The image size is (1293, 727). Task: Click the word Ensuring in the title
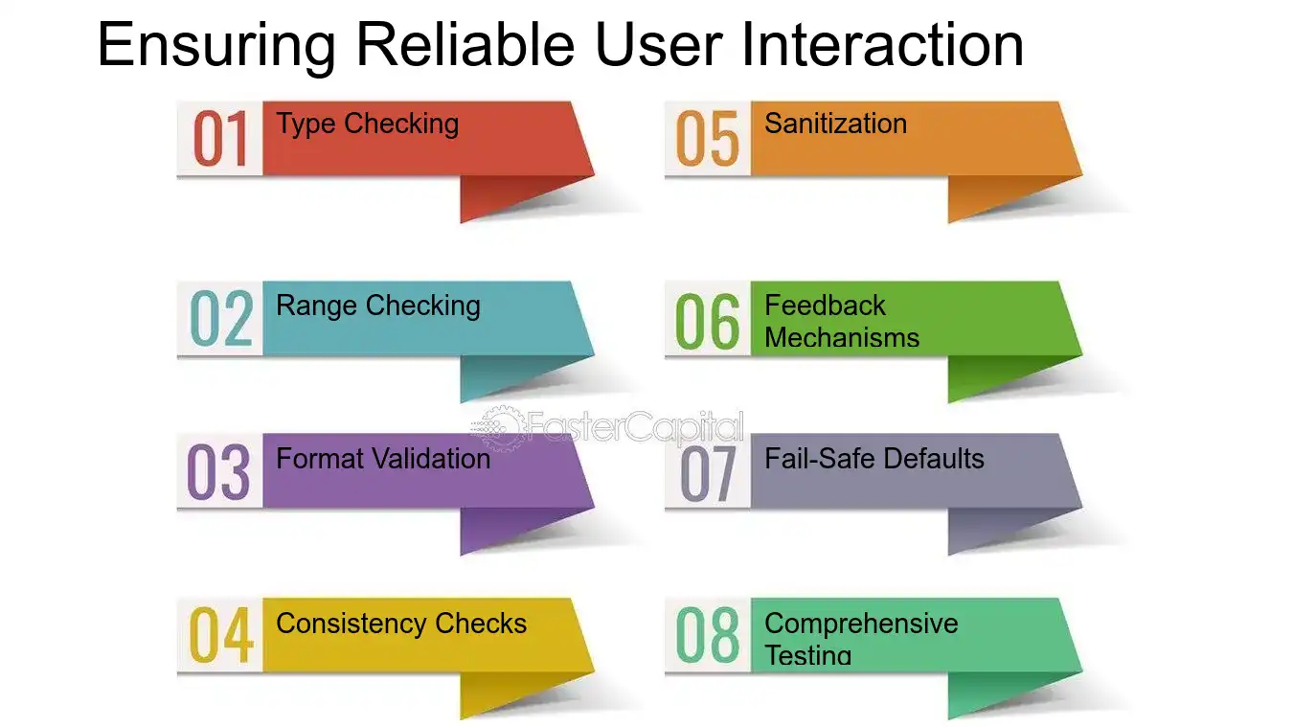(216, 47)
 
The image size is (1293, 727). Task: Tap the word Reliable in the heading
(465, 44)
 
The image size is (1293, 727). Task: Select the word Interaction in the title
(882, 44)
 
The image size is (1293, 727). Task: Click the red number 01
(220, 139)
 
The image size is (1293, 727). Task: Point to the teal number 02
(221, 319)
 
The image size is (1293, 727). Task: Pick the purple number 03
(218, 472)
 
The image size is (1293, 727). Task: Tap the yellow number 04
(221, 635)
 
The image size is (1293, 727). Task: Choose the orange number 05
(708, 139)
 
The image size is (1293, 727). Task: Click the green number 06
(708, 321)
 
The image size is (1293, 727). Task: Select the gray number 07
(708, 473)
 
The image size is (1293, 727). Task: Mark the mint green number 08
(708, 635)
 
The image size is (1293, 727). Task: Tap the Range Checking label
(378, 307)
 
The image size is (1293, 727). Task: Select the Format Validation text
(383, 459)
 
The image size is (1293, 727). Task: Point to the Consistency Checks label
(401, 625)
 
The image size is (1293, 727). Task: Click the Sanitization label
(836, 124)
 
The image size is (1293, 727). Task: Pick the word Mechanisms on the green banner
(842, 337)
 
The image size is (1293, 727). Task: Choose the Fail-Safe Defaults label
(873, 459)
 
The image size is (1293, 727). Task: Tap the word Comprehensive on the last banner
(861, 625)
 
